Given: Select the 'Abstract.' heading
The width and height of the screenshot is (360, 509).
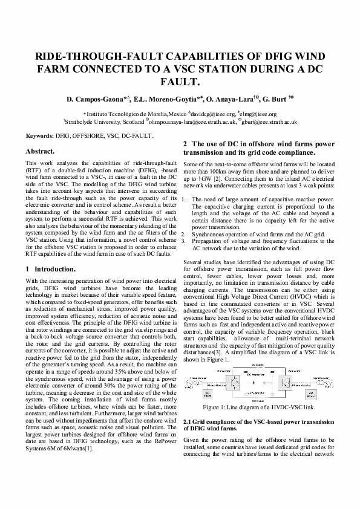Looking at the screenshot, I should tap(41, 150).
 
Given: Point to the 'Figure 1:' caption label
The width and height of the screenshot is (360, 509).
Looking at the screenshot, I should tap(227, 407).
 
